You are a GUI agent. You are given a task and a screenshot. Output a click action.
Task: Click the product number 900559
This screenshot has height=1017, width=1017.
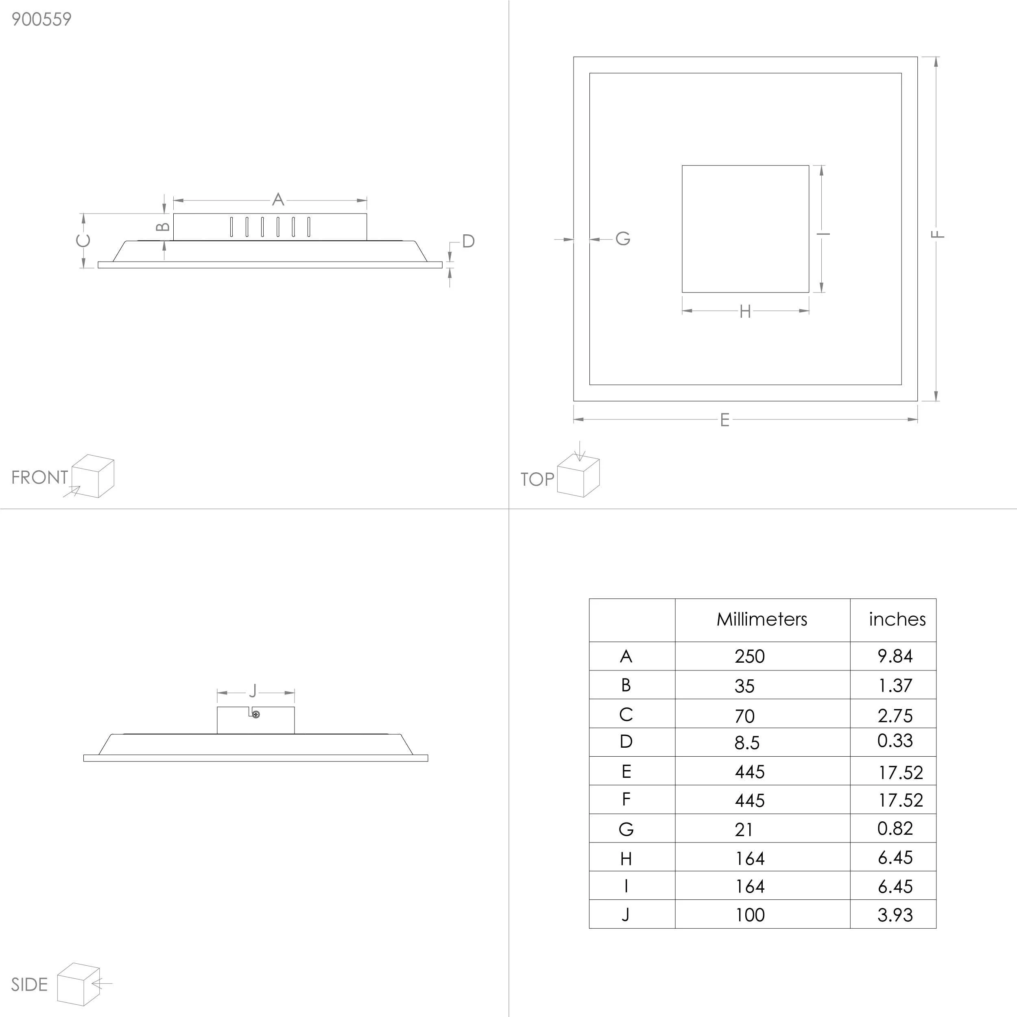(x=41, y=20)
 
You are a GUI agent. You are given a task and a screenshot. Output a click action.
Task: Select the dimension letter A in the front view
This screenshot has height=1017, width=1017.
(x=278, y=199)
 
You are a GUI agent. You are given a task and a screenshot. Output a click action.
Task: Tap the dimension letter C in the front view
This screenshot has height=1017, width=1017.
(x=83, y=240)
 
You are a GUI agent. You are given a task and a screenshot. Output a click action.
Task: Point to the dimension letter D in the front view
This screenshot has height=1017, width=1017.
(x=469, y=241)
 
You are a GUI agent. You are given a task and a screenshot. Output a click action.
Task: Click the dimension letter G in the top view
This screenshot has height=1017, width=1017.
(x=623, y=238)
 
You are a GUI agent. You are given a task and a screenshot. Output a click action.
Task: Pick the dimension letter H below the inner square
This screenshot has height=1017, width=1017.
(x=745, y=312)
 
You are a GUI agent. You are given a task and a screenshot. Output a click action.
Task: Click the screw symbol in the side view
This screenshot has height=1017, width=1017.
(x=256, y=714)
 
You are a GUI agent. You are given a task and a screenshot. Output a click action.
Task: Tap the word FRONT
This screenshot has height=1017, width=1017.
(x=39, y=478)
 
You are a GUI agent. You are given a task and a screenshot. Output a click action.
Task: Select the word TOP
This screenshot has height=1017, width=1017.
(x=537, y=479)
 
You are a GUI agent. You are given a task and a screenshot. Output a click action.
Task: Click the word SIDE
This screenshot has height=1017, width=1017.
(x=29, y=985)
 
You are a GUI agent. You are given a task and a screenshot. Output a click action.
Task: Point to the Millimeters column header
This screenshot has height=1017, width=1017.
(x=762, y=619)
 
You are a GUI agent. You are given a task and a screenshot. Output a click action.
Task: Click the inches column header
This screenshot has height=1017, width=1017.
(x=897, y=619)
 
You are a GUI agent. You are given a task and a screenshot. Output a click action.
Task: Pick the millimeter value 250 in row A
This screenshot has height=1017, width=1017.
(x=750, y=657)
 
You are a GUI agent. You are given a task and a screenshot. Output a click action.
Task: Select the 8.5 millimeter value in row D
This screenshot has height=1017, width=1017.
(x=747, y=743)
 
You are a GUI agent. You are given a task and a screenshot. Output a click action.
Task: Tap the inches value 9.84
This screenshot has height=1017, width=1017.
(x=895, y=656)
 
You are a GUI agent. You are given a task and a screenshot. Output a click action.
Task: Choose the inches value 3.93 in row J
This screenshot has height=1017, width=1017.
(x=895, y=915)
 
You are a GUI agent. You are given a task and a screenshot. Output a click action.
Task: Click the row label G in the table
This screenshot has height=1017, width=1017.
(x=626, y=829)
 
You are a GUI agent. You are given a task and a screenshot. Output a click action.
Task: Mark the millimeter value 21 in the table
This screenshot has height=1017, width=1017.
(x=744, y=829)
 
